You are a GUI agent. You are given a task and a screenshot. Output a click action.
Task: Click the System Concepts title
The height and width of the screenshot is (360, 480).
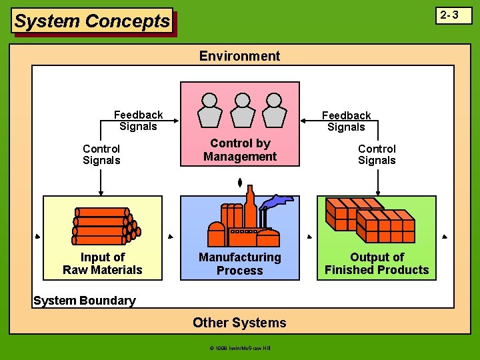tap(92, 21)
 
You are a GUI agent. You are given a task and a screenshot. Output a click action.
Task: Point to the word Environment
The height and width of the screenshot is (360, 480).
tap(239, 56)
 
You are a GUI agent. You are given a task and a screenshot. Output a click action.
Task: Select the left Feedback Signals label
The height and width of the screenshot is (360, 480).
tap(138, 121)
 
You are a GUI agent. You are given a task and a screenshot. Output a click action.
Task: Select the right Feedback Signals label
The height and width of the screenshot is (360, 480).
tap(346, 121)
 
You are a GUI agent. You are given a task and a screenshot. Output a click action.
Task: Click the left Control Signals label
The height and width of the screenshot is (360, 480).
tap(101, 154)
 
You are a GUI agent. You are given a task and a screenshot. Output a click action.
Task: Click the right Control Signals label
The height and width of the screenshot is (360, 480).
tap(377, 154)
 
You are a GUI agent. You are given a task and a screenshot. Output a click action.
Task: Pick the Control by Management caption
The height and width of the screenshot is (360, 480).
tap(240, 150)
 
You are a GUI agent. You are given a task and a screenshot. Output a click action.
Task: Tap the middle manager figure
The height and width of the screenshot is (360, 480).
tap(241, 109)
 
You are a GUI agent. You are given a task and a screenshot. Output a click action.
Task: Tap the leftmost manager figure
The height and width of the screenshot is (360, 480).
tap(210, 109)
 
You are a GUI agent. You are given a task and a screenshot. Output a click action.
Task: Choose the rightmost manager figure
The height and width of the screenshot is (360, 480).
tap(272, 109)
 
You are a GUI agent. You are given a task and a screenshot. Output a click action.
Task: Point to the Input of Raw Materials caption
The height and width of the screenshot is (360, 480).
tap(103, 263)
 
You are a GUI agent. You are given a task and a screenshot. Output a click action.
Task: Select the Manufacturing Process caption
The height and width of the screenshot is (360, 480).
tap(240, 263)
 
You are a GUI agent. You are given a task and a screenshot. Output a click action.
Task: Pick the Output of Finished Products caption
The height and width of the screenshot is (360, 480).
tap(377, 263)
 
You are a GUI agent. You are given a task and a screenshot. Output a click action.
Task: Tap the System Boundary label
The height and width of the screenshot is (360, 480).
tap(84, 301)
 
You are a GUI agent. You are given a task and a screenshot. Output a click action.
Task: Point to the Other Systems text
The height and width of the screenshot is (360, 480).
tap(239, 323)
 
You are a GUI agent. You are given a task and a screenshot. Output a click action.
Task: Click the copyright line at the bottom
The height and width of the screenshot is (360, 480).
tap(239, 348)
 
